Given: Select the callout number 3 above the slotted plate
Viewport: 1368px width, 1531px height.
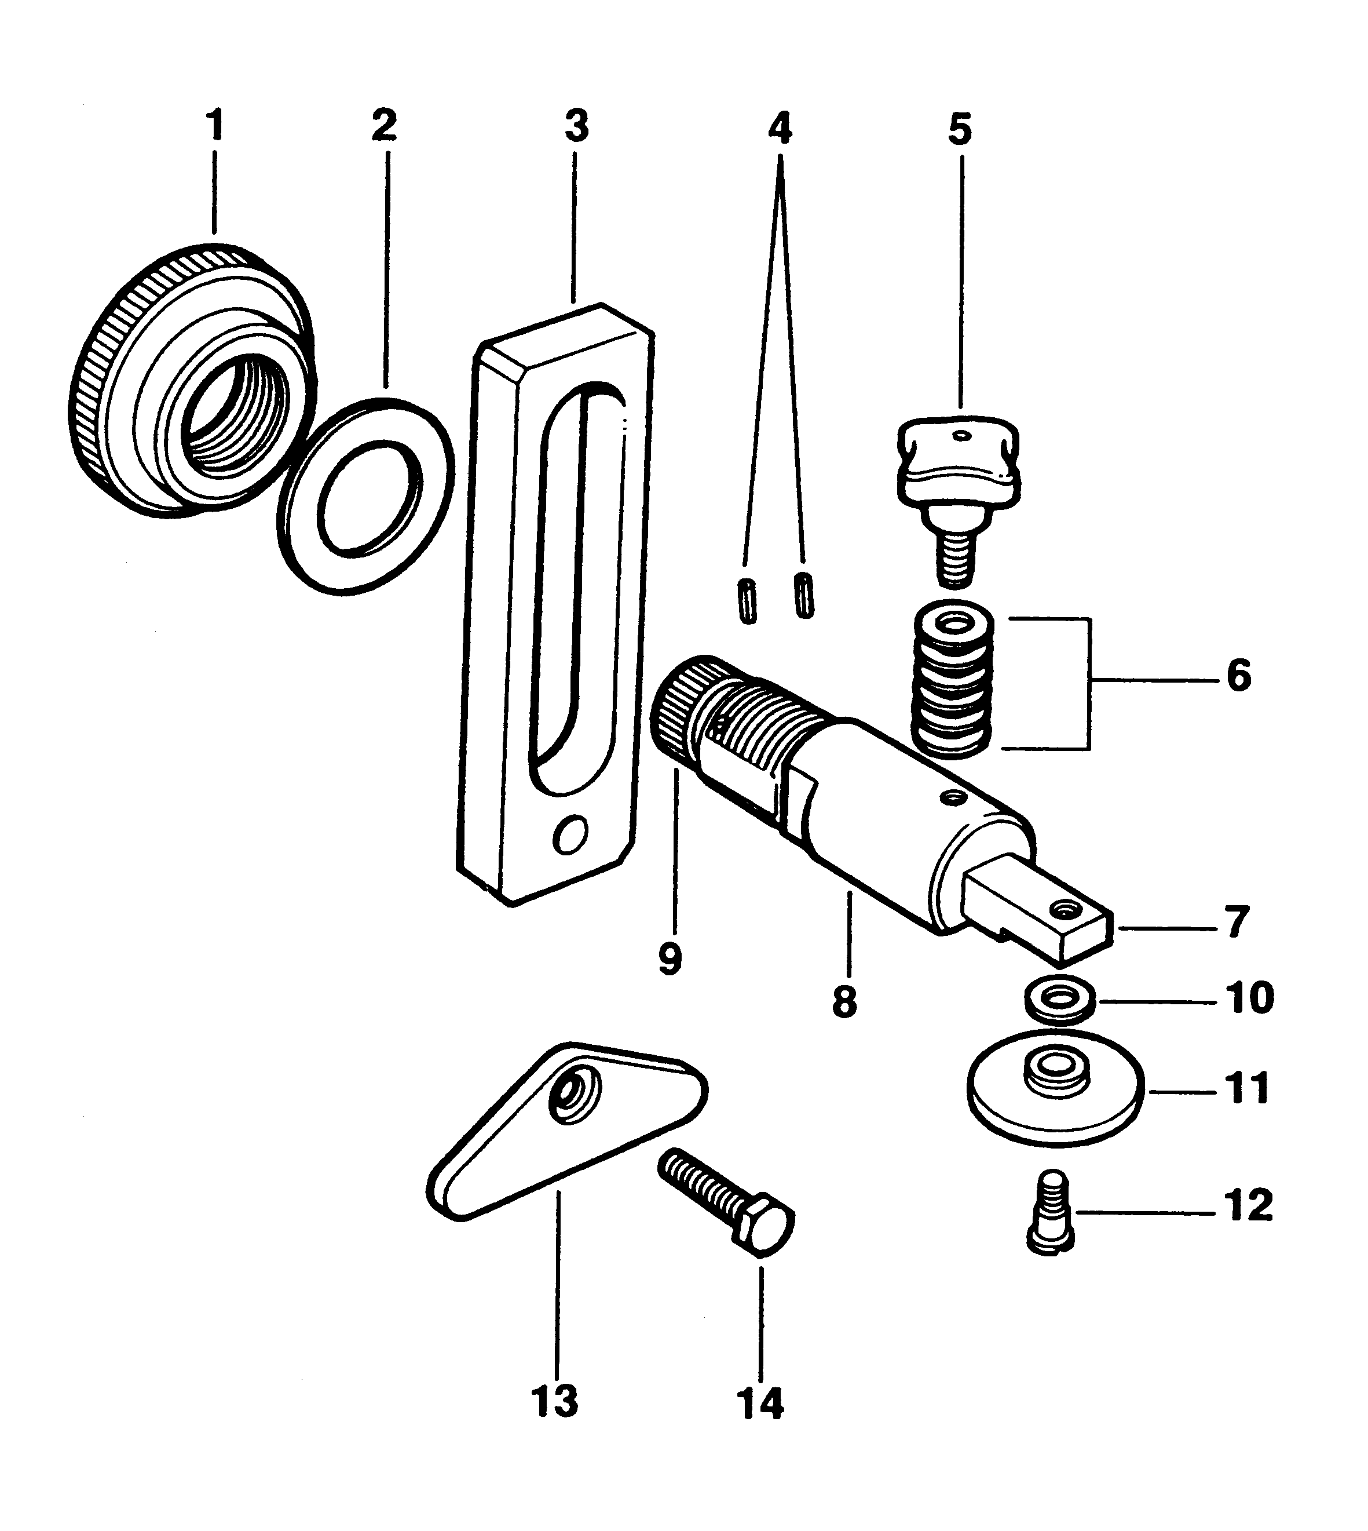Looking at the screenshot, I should click(576, 126).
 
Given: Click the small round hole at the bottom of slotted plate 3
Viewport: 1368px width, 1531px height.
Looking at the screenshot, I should click(570, 836).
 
